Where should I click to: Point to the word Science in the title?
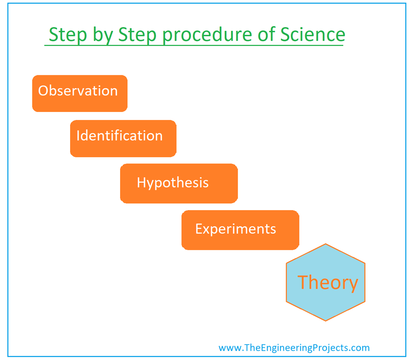point(312,34)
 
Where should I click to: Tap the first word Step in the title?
point(67,35)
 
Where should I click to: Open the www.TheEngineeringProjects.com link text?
point(294,348)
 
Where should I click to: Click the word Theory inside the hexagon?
point(328,283)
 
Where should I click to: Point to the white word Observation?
point(78,91)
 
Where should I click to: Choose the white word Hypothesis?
point(173,183)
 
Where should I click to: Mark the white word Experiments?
point(235,229)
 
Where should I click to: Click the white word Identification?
point(119,136)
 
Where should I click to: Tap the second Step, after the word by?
point(137,35)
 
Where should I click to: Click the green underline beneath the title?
point(194,45)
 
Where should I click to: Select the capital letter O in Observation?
point(43,91)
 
